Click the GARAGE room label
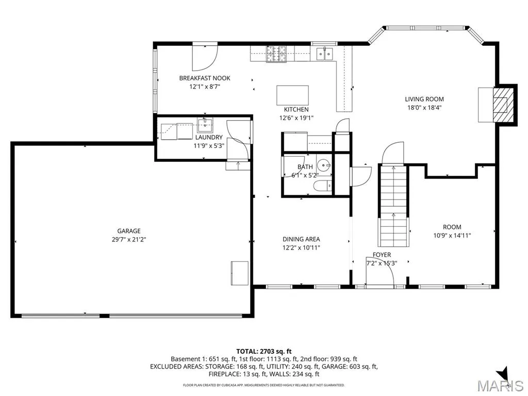pyautogui.click(x=128, y=231)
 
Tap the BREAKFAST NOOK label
pyautogui.click(x=205, y=78)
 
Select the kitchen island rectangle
pyautogui.click(x=293, y=95)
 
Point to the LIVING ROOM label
pyautogui.click(x=424, y=99)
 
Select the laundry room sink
pyautogui.click(x=205, y=125)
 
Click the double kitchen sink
pyautogui.click(x=325, y=54)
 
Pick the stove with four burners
pyautogui.click(x=276, y=54)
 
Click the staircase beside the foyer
pyautogui.click(x=393, y=206)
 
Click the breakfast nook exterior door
pyautogui.click(x=205, y=57)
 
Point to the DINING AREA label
pyautogui.click(x=301, y=239)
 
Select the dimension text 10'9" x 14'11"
pyautogui.click(x=452, y=236)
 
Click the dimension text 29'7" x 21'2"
pyautogui.click(x=128, y=240)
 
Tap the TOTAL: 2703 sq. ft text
pyautogui.click(x=263, y=352)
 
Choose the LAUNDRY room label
pyautogui.click(x=209, y=137)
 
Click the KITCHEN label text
pyautogui.click(x=296, y=109)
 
